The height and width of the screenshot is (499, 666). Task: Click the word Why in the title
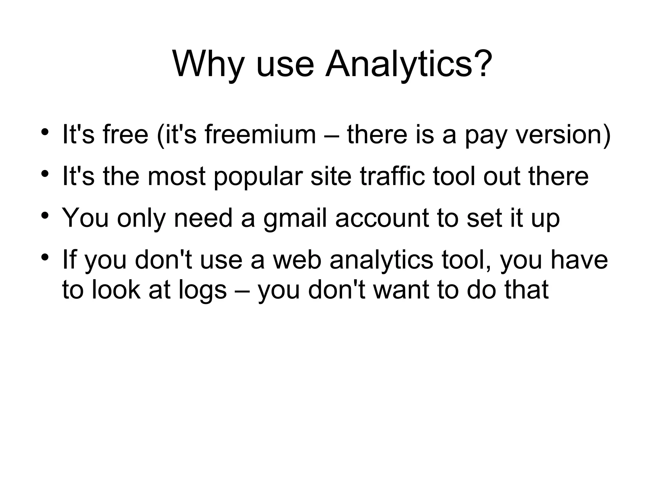click(208, 64)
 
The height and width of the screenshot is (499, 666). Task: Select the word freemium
click(260, 135)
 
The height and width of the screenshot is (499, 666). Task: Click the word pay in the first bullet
click(486, 136)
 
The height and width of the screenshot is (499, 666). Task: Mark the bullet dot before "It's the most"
click(45, 174)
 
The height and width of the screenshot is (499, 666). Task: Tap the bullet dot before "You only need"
click(45, 215)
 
